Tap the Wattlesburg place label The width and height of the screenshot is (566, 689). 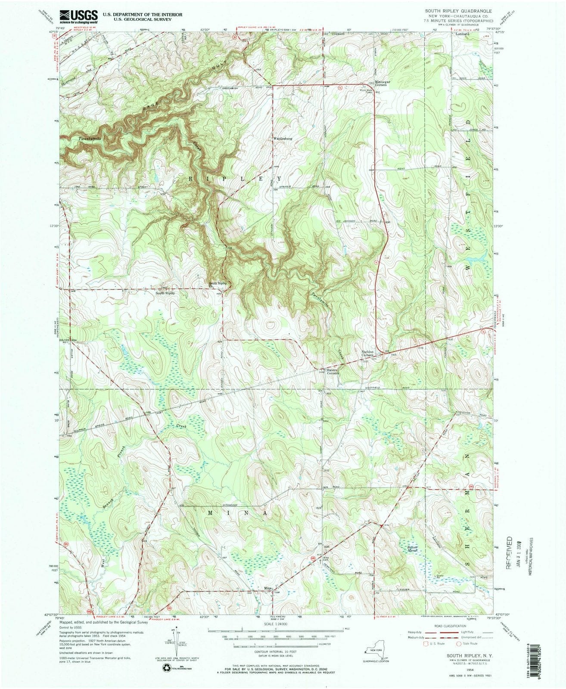point(283,139)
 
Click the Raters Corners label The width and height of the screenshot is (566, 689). point(333,371)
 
